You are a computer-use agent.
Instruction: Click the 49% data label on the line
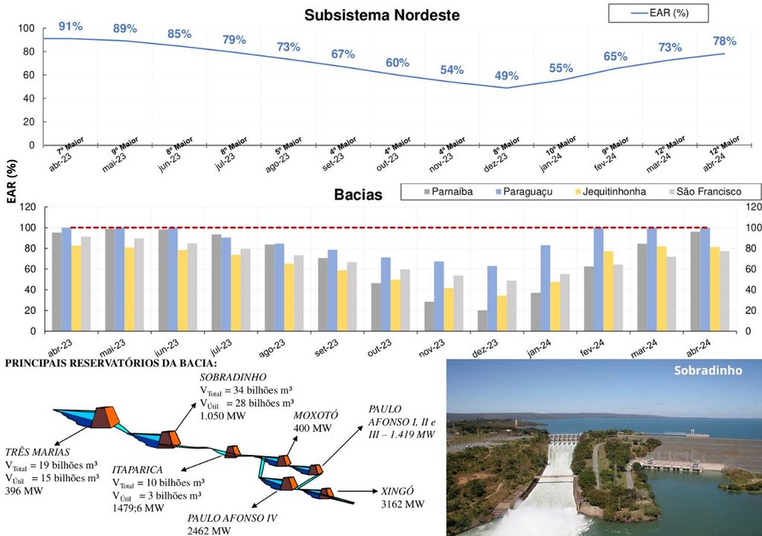[507, 76]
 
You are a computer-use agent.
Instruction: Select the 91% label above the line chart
[71, 26]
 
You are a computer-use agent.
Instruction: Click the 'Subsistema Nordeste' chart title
[382, 15]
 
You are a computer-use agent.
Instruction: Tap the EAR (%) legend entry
[658, 13]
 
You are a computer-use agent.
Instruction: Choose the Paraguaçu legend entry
[523, 192]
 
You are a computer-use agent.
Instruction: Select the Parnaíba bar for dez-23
[482, 321]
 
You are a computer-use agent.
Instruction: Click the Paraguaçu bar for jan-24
[545, 288]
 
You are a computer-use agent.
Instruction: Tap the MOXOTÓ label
[316, 415]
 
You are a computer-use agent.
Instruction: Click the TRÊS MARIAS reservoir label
[38, 452]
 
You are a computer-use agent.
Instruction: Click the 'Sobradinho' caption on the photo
[708, 371]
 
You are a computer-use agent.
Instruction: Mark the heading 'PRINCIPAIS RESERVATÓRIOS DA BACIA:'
[111, 363]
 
